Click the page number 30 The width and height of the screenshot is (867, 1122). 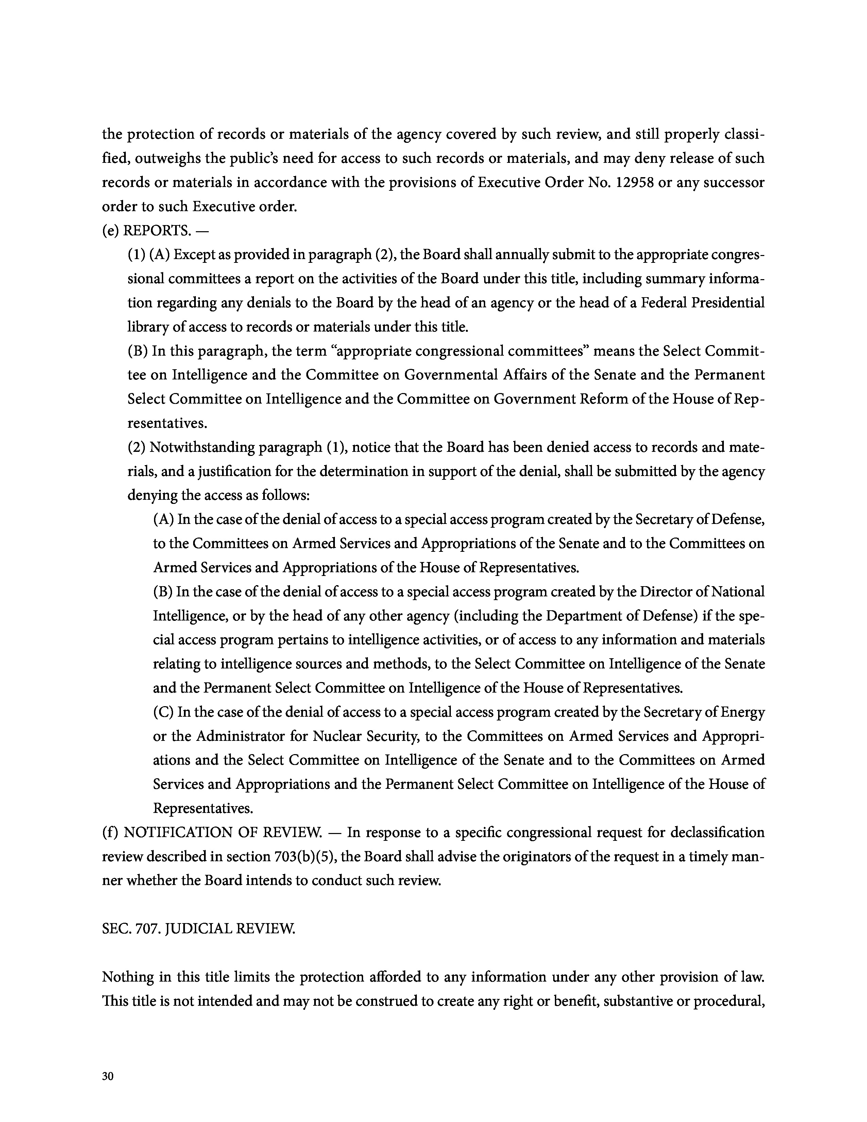107,1077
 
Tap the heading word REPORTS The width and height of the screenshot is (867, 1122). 156,231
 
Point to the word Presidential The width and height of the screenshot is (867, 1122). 728,303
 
